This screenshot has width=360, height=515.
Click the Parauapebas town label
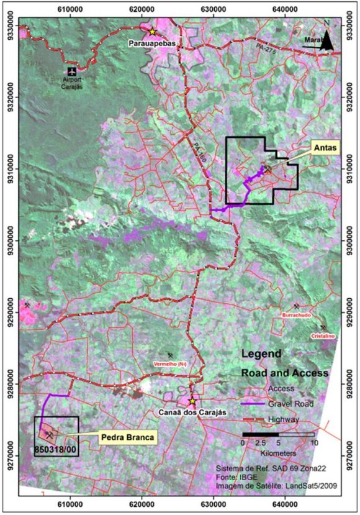tap(152, 43)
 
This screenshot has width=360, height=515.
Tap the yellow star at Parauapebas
tap(152, 31)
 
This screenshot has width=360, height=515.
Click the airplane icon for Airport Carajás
tap(72, 71)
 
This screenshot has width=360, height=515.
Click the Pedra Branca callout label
tap(126, 437)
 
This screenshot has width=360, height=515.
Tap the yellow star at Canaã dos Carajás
tap(192, 401)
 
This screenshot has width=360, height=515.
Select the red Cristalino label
tap(323, 336)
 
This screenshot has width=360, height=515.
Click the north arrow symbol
tap(331, 42)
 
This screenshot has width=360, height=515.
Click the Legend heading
tap(260, 354)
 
